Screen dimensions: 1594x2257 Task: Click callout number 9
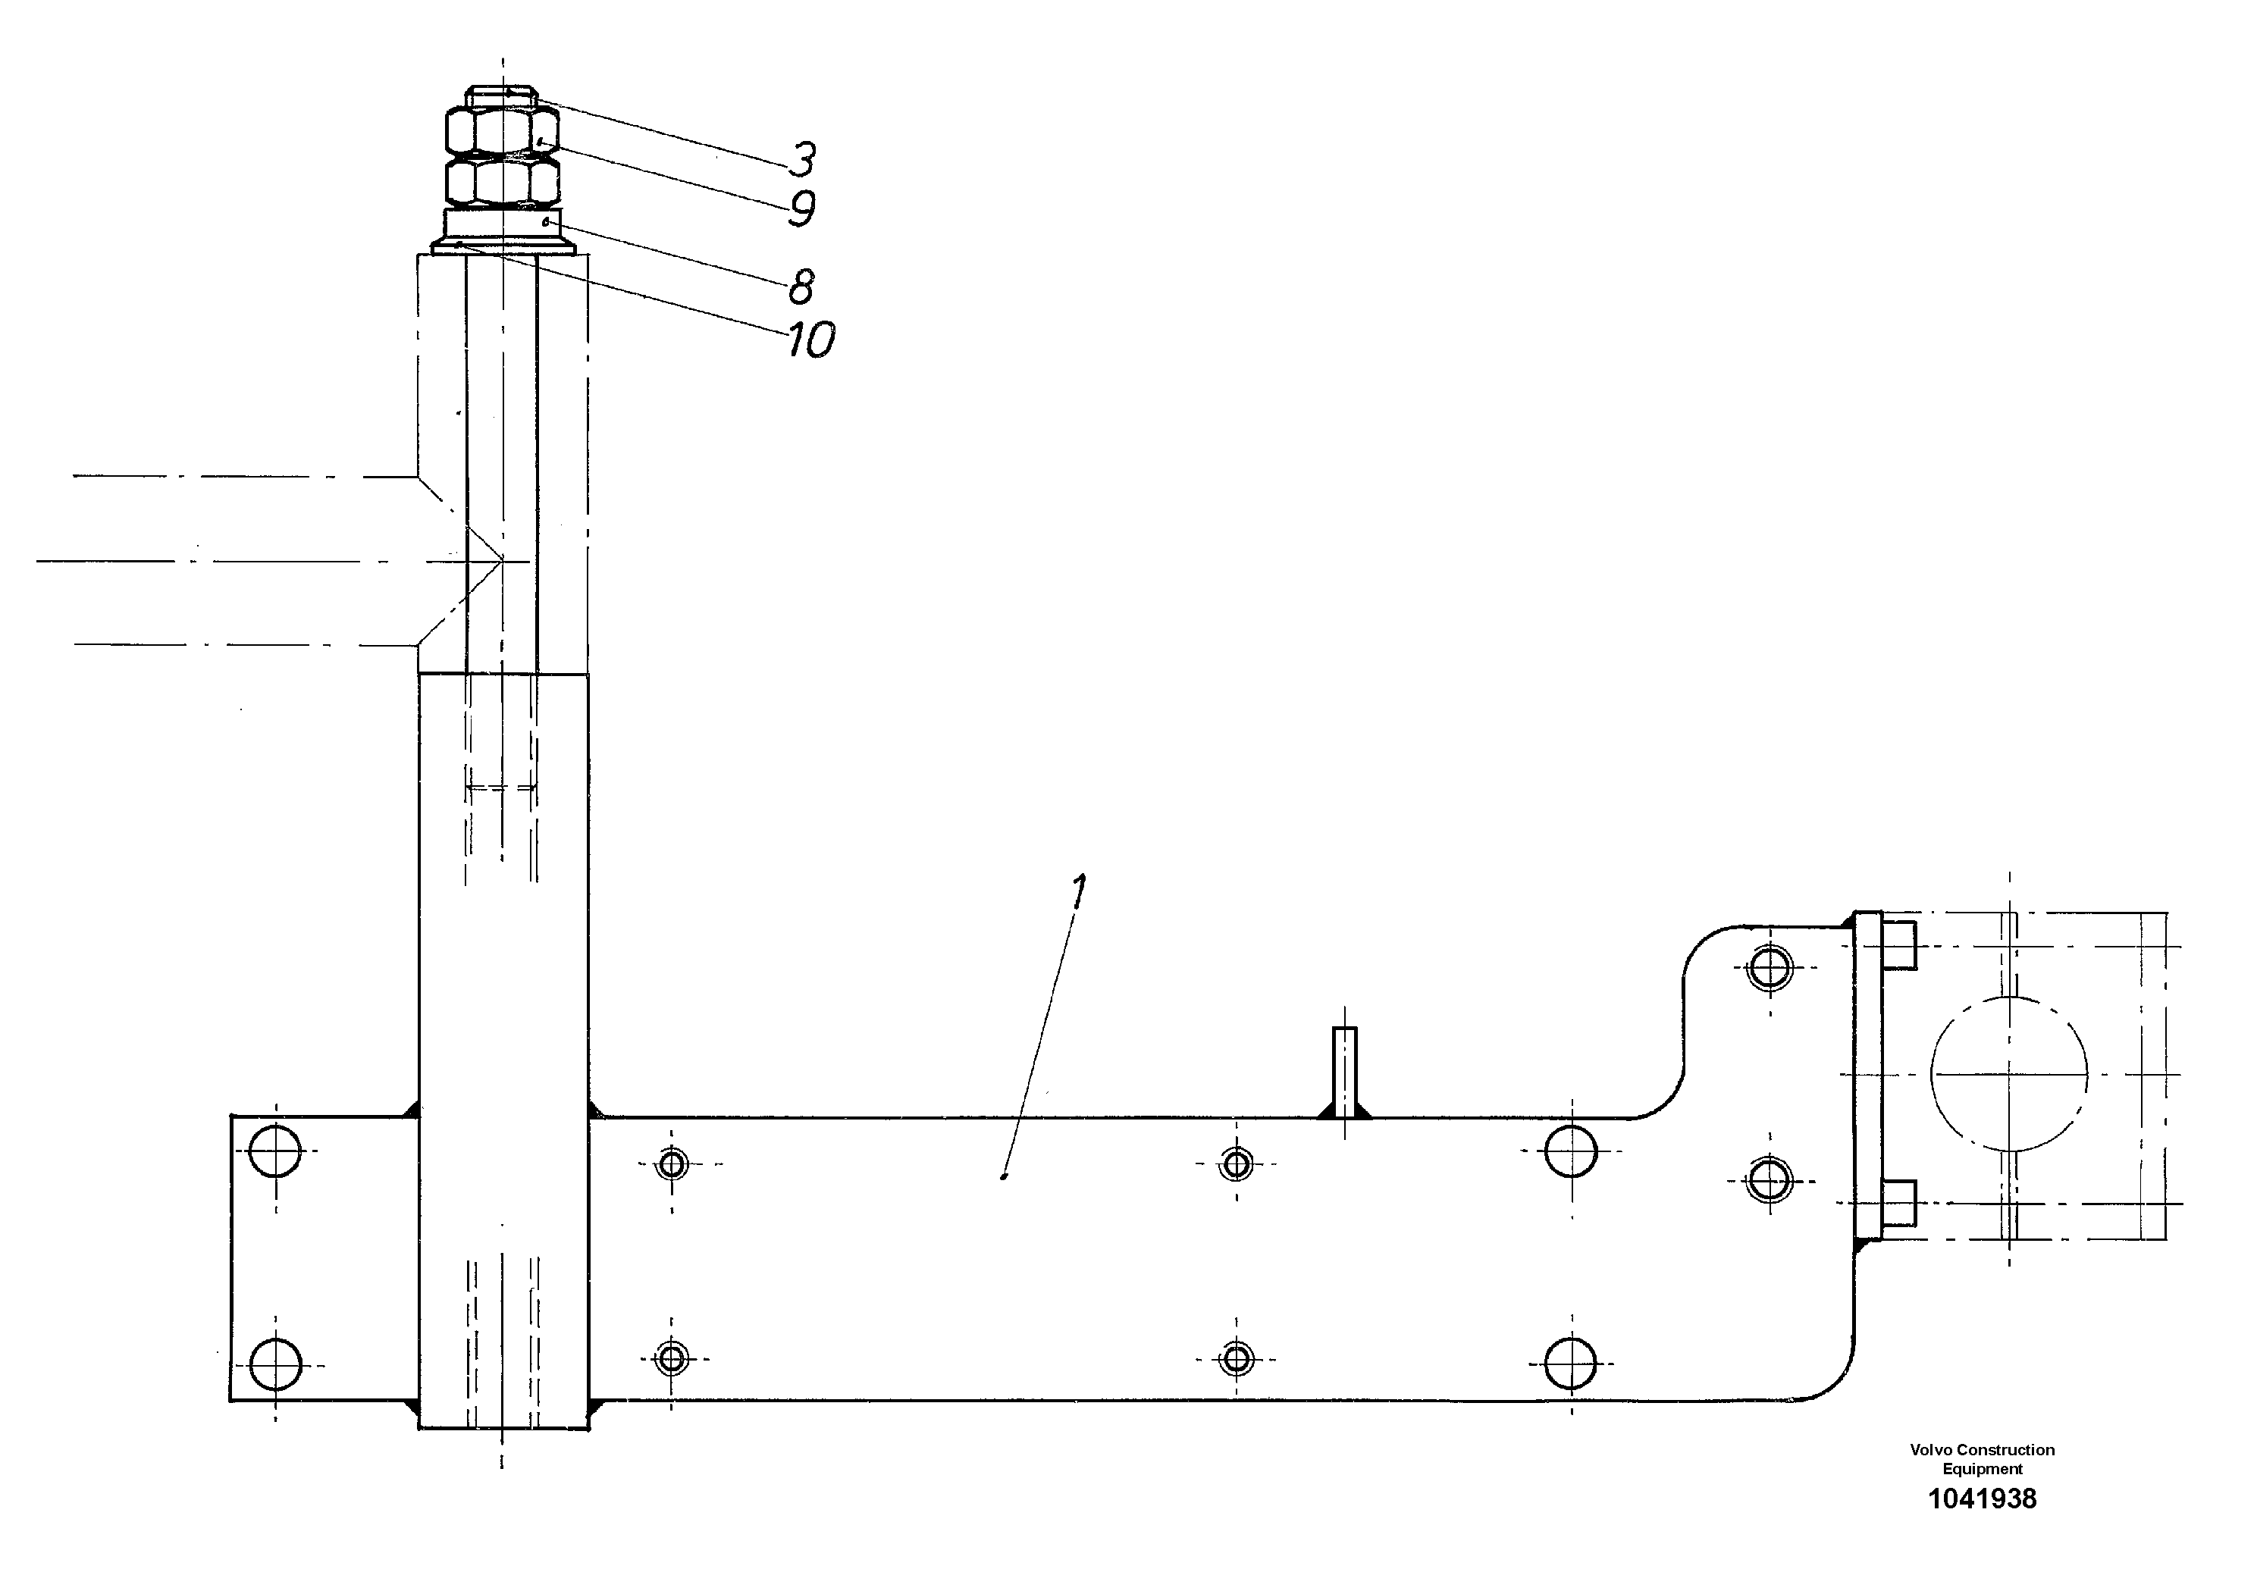tap(802, 208)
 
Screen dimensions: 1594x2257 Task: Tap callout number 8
tap(800, 287)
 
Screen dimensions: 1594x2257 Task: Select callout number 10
tap(811, 341)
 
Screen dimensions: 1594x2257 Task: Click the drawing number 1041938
tap(1982, 1527)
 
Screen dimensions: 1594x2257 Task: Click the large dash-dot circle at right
tap(2008, 1073)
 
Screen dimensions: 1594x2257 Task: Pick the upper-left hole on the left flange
tap(275, 1151)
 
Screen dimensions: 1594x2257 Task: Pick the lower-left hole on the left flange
tap(275, 1363)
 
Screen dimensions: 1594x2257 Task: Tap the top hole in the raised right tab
tap(1769, 968)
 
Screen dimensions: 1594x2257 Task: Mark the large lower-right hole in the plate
tap(1570, 1363)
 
